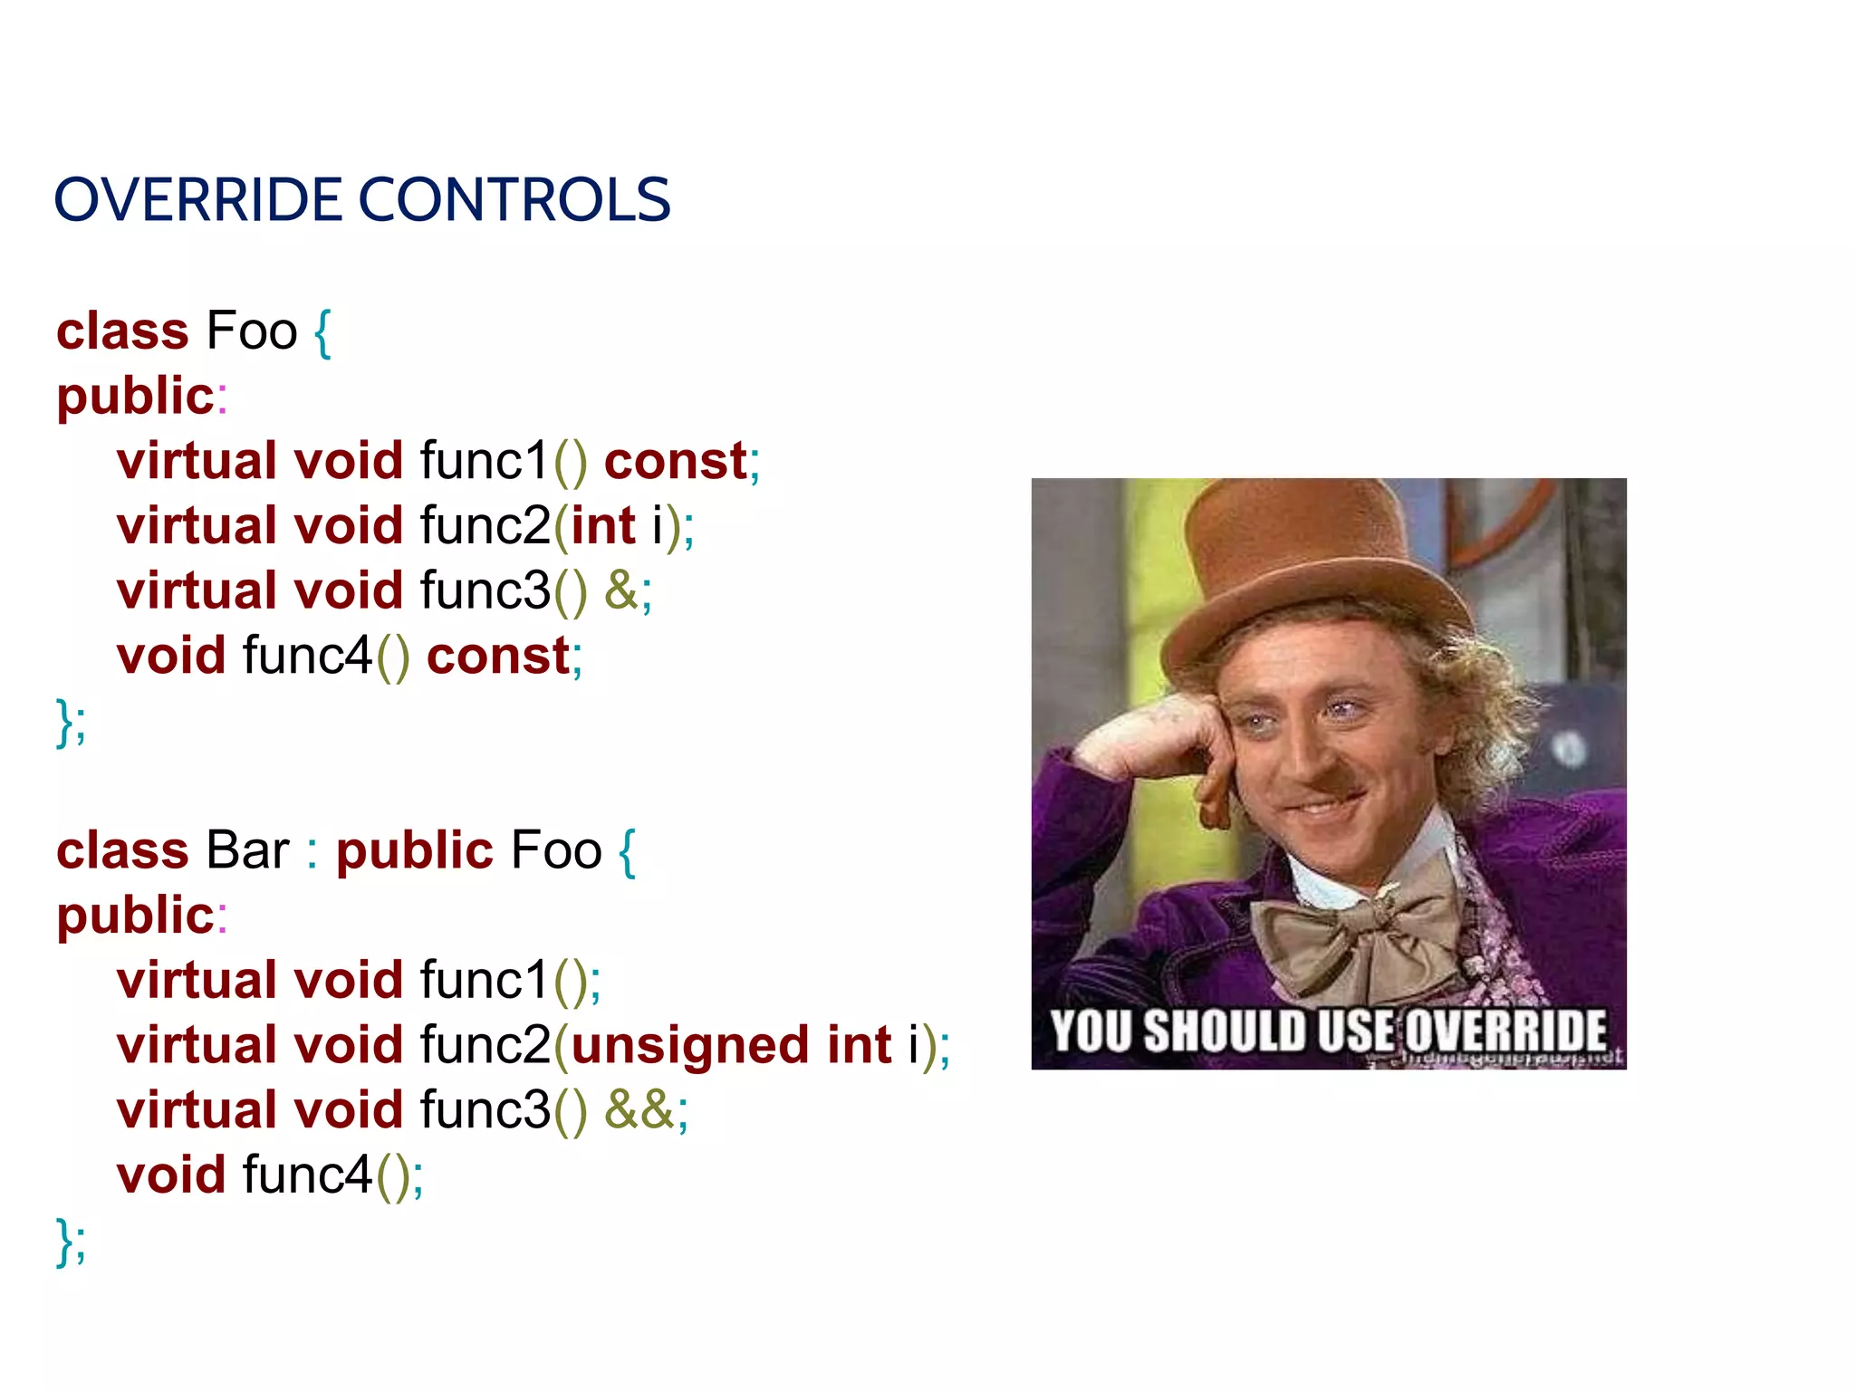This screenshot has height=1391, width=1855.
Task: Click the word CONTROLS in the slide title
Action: tap(514, 200)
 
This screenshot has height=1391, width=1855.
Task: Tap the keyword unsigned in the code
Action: tap(689, 1045)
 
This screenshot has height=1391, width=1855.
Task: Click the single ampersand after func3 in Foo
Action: tap(621, 590)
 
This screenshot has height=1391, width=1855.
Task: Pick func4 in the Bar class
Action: tap(307, 1175)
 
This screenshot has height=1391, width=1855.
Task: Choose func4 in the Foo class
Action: tap(307, 656)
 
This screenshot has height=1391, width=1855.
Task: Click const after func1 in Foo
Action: tap(676, 461)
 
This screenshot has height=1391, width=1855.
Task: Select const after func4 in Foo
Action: tap(498, 656)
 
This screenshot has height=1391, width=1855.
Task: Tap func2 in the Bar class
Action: tap(485, 1045)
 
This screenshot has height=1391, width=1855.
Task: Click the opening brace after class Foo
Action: tap(322, 332)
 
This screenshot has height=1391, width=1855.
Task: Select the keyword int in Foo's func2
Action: tap(603, 526)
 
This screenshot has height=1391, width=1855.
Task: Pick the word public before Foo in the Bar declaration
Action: tap(414, 850)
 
